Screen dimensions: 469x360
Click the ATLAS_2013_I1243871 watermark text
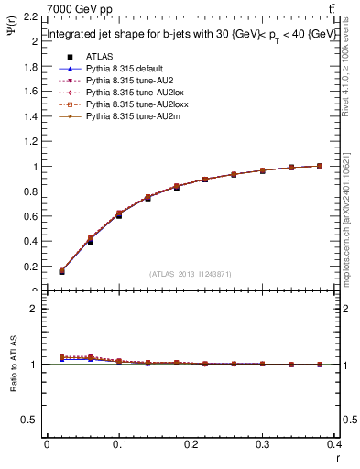coord(191,274)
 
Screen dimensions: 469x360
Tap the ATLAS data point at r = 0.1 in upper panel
coord(119,215)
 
